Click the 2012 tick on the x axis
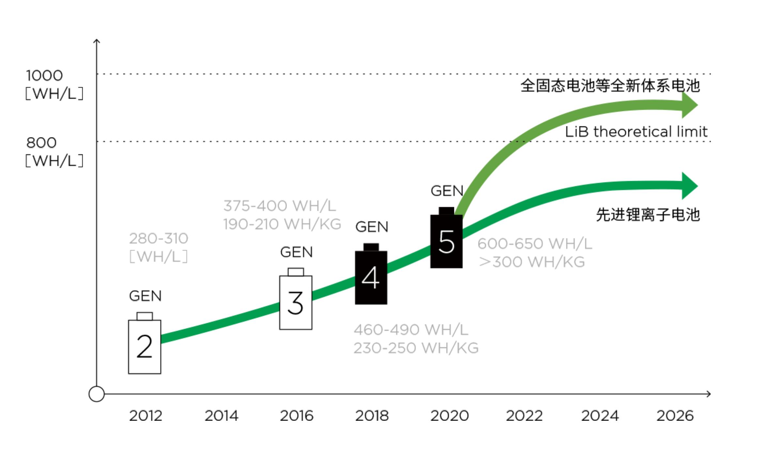click(x=146, y=416)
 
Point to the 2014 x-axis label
click(x=221, y=416)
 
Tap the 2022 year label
click(x=524, y=416)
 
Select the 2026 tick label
click(x=675, y=416)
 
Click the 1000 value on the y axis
click(x=44, y=76)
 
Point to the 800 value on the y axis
click(x=41, y=143)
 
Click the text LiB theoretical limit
click(x=636, y=132)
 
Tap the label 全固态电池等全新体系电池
click(x=610, y=86)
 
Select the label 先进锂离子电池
click(x=648, y=215)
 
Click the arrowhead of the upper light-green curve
click(x=689, y=105)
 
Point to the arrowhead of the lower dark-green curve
click(x=689, y=186)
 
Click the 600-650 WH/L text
click(x=535, y=244)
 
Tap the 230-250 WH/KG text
click(x=416, y=348)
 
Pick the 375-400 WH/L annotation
click(x=280, y=206)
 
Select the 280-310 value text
click(x=159, y=239)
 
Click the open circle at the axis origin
click(x=97, y=394)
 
